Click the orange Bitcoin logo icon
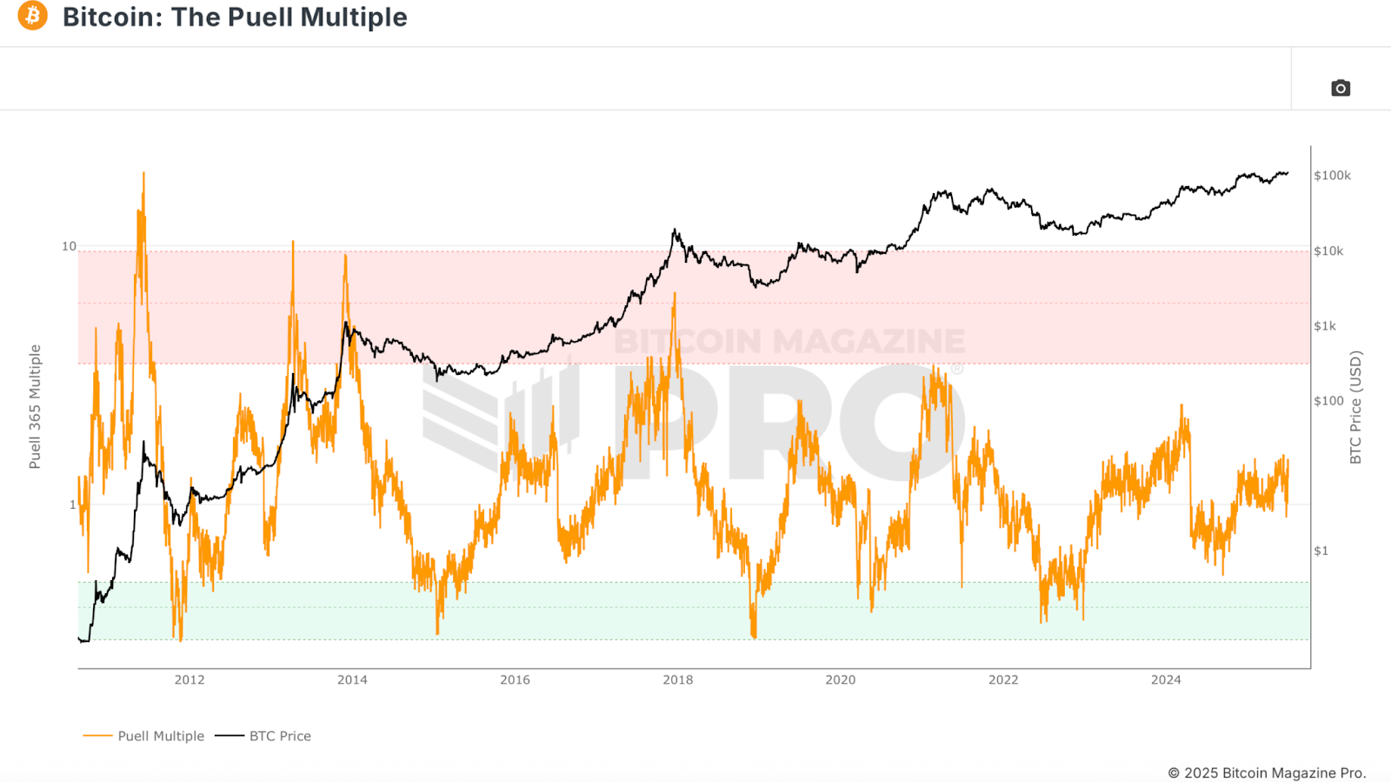coord(33,16)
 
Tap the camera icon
coord(1341,88)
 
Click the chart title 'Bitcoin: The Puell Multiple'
coord(235,17)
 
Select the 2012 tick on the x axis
coord(190,679)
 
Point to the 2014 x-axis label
coord(352,679)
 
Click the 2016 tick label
coord(515,679)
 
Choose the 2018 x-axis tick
coord(678,679)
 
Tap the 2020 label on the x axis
coord(841,679)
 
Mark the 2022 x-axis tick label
coord(1003,679)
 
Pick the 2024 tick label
coord(1166,679)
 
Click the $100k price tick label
coord(1332,176)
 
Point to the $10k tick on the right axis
coord(1328,251)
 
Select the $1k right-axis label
coord(1325,326)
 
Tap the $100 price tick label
coord(1328,401)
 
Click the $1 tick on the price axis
coord(1321,551)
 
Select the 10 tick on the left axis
coord(69,246)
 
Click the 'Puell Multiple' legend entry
coord(161,736)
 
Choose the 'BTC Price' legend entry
coord(280,736)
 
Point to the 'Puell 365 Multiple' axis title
coord(35,406)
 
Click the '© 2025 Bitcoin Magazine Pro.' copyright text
coord(1267,772)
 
